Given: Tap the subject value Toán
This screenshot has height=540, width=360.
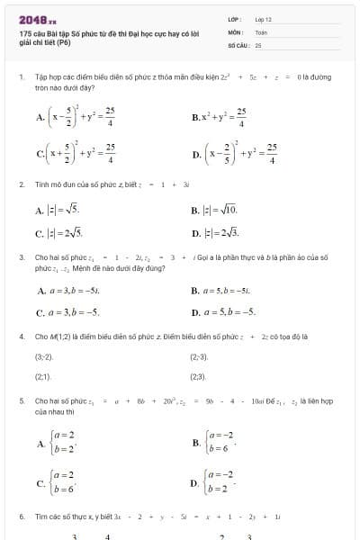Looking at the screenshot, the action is pos(261,31).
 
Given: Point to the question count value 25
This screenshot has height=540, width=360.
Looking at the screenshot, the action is pos(258,44).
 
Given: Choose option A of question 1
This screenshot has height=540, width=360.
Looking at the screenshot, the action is pos(76,116).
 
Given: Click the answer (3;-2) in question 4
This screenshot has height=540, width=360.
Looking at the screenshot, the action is pos(44,357).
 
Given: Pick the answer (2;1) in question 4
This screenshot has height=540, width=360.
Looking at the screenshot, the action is pos(43,377).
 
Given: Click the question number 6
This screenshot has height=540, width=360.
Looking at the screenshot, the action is pos(21,517).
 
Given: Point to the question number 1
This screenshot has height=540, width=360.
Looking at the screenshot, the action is pos(21,78).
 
